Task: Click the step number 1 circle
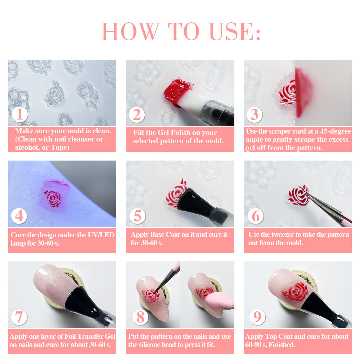point(19,114)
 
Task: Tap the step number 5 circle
point(137,216)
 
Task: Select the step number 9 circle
point(257,317)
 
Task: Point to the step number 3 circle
point(255,114)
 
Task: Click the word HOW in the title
point(131,31)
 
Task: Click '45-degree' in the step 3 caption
point(336,131)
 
